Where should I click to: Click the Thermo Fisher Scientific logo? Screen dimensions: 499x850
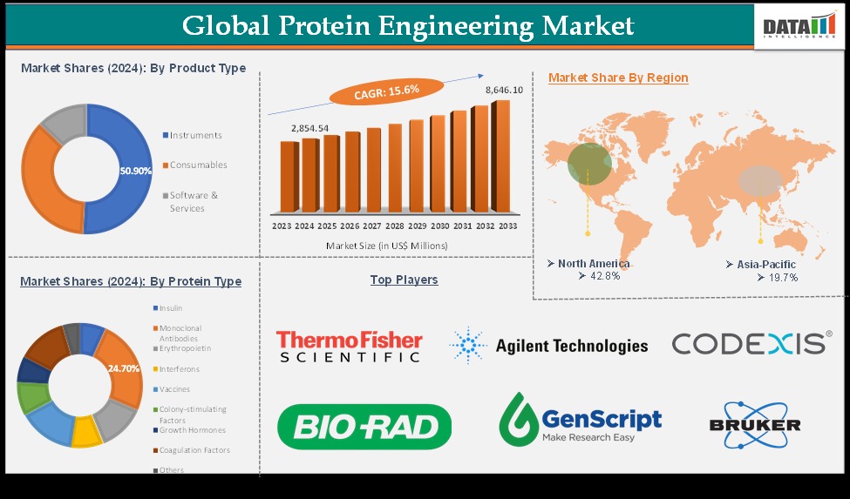click(349, 346)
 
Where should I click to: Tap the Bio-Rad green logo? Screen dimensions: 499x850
click(364, 427)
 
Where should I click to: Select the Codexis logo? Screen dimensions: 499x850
click(751, 343)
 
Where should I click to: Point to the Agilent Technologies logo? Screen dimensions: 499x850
click(549, 346)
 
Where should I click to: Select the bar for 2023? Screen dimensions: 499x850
click(289, 177)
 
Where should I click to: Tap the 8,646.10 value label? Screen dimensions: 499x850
click(504, 90)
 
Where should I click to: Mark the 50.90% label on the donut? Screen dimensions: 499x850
click(135, 171)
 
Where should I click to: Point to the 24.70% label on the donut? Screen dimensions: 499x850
click(124, 368)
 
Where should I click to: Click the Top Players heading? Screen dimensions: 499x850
click(404, 280)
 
